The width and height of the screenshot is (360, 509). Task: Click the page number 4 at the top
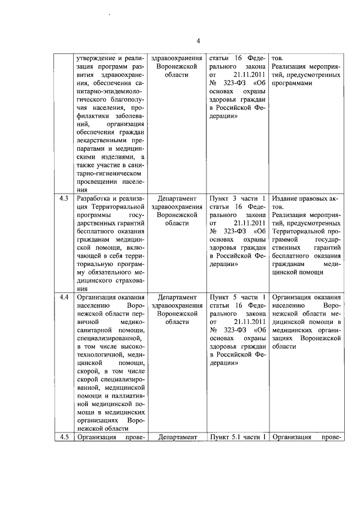click(x=198, y=39)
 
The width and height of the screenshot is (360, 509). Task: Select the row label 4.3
click(x=65, y=199)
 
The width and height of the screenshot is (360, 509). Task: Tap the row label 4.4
click(x=65, y=297)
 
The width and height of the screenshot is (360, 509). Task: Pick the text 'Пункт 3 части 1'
click(x=237, y=199)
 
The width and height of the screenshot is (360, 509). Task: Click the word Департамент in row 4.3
click(x=177, y=199)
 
